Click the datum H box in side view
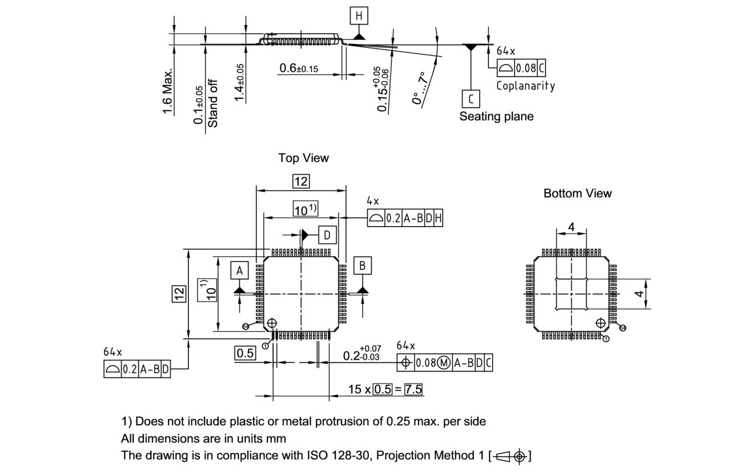(x=359, y=16)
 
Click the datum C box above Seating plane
(x=471, y=99)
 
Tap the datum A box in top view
(x=240, y=270)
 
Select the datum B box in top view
(x=363, y=265)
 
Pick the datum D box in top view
(x=327, y=235)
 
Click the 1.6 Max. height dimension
(x=167, y=91)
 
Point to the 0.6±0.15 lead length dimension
(x=299, y=68)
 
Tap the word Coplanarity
(x=525, y=86)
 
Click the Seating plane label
(x=496, y=116)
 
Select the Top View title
(x=303, y=158)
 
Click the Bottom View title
(x=577, y=193)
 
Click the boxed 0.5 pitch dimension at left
(x=245, y=353)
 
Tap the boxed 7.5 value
(x=413, y=389)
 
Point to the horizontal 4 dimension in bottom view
(x=571, y=228)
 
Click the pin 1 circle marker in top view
(x=272, y=323)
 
